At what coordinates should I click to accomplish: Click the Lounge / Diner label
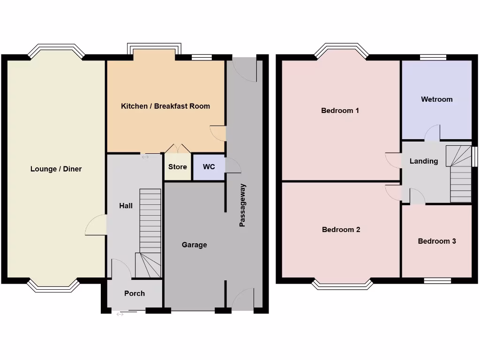(56, 169)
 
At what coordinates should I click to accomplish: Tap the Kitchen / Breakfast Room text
(165, 106)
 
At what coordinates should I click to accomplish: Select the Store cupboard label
(178, 167)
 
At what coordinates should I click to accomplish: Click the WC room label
(209, 167)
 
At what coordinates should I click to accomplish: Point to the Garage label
(194, 245)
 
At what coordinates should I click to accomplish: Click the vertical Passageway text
(242, 205)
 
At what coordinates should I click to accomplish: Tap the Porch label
(135, 293)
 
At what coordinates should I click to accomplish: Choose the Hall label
(126, 205)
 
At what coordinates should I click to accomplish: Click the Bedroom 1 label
(340, 111)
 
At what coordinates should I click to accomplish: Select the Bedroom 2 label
(341, 230)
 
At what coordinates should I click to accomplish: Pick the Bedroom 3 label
(437, 241)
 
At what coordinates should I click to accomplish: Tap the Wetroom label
(436, 99)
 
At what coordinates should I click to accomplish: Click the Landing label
(424, 161)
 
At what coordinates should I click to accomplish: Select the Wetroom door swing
(432, 134)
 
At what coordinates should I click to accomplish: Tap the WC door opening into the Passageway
(232, 166)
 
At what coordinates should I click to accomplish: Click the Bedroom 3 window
(437, 281)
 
